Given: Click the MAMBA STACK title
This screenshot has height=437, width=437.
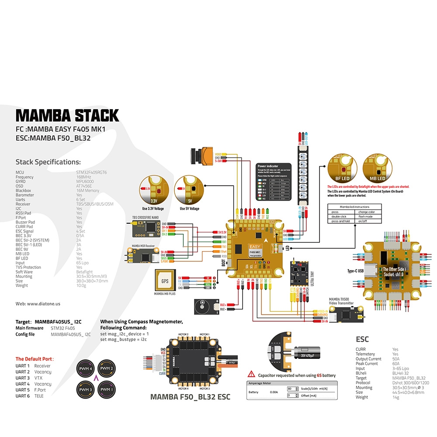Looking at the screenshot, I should point(67,115).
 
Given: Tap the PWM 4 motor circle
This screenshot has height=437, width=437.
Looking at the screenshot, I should point(85,368).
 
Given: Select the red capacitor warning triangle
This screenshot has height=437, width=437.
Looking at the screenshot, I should point(251,374).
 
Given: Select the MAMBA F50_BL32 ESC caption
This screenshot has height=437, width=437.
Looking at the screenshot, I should point(190,397).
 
